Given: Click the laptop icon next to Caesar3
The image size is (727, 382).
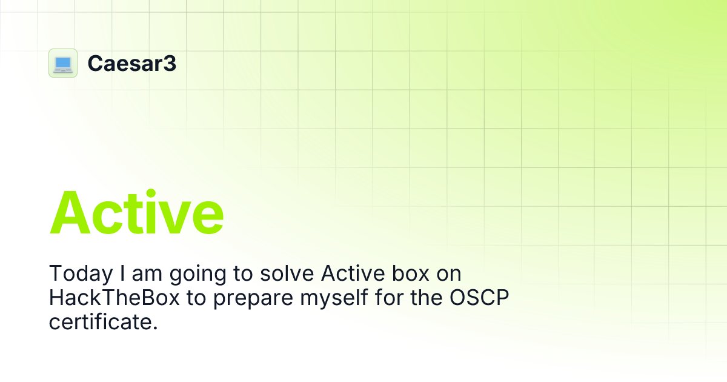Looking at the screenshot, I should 63,63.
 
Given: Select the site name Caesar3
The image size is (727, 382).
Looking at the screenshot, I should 131,63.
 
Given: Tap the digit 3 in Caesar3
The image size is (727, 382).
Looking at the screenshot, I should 170,63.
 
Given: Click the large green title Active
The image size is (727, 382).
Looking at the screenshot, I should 137,213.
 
